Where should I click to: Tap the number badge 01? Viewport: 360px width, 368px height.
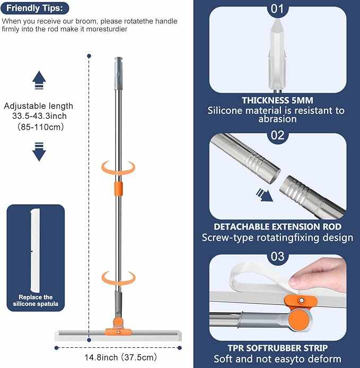(x=277, y=8)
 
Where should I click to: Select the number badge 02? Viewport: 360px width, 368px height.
(x=277, y=135)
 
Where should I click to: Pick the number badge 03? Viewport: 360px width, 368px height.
(x=277, y=257)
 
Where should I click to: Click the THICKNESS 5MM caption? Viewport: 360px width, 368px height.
(x=277, y=100)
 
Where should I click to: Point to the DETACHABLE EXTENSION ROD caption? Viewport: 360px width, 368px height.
(x=277, y=226)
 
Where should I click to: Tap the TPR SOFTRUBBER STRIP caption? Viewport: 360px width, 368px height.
(x=277, y=348)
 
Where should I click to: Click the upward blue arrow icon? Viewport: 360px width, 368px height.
(x=39, y=81)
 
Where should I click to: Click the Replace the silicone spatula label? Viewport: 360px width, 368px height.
(x=36, y=301)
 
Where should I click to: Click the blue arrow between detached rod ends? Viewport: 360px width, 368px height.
(x=264, y=194)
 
